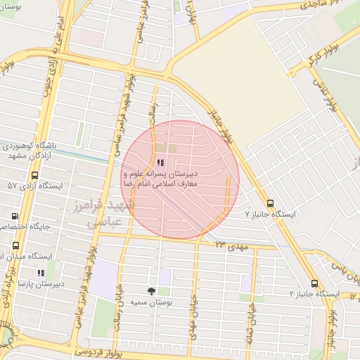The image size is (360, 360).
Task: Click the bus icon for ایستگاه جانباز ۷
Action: coord(271,202)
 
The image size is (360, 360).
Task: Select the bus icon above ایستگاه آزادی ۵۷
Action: coord(34,175)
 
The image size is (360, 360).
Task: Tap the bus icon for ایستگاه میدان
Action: coord(15,246)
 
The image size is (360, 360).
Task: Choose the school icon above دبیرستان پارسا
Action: coord(41,273)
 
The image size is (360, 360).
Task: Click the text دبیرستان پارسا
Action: coord(41,283)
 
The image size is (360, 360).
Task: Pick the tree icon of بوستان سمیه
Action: coord(152,290)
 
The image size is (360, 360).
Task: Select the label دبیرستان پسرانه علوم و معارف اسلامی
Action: coord(174,177)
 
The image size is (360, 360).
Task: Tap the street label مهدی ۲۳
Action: coord(233,245)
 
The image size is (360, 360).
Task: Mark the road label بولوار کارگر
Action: coord(327,54)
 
